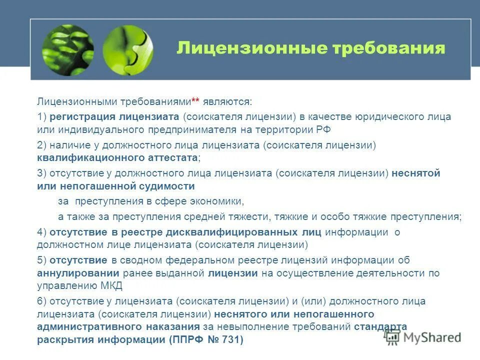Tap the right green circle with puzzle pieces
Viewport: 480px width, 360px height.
click(x=127, y=50)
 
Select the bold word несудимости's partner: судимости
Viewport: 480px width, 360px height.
click(x=167, y=186)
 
